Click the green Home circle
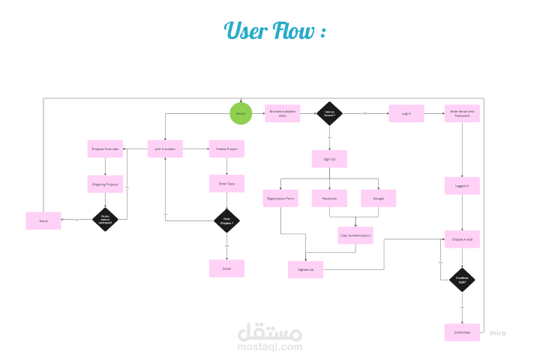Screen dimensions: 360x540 pyautogui.click(x=241, y=113)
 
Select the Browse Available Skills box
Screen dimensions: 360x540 pyautogui.click(x=283, y=113)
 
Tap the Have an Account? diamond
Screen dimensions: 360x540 pyautogui.click(x=329, y=113)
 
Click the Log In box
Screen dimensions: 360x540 pyautogui.click(x=406, y=113)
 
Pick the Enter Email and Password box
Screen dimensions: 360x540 pyautogui.click(x=462, y=113)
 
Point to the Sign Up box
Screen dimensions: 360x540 pyautogui.click(x=329, y=158)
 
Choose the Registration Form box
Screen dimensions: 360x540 pyautogui.click(x=280, y=198)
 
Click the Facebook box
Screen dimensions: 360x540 pyautogui.click(x=329, y=198)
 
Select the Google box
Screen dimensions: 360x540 pyautogui.click(x=378, y=198)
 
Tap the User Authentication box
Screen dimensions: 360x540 pyautogui.click(x=355, y=235)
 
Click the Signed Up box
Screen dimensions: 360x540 pyautogui.click(x=305, y=269)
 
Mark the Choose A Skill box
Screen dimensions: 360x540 pyautogui.click(x=462, y=239)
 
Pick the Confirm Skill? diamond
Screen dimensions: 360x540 pyautogui.click(x=462, y=280)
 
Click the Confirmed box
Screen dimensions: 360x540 pyautogui.click(x=462, y=332)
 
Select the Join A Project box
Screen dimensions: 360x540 pyautogui.click(x=165, y=149)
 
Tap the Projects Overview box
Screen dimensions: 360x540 pyautogui.click(x=105, y=149)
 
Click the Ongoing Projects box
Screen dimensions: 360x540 pyautogui.click(x=105, y=184)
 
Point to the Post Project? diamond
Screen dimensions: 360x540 pyautogui.click(x=226, y=220)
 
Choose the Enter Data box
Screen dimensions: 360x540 pyautogui.click(x=226, y=183)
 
